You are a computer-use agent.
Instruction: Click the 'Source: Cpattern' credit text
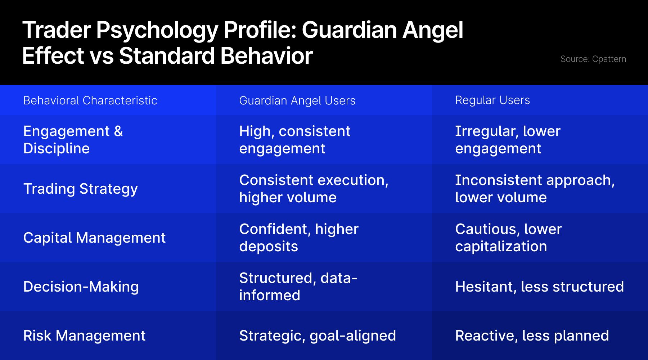tap(593, 59)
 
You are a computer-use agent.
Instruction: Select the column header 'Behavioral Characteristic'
tap(90, 100)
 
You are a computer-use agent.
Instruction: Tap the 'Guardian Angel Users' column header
tap(297, 101)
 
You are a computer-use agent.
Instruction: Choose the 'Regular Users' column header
tap(492, 100)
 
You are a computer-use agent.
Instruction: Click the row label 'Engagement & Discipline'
tap(73, 140)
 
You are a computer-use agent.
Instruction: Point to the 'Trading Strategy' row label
tap(81, 189)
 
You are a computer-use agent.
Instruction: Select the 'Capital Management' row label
tap(94, 238)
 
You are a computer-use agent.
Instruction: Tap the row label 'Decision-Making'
tap(81, 287)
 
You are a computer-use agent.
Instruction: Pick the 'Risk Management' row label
tap(85, 336)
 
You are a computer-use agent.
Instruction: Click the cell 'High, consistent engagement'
tap(295, 140)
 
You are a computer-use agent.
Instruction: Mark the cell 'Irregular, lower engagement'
tap(508, 140)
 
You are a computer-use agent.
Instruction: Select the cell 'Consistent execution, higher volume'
tap(314, 189)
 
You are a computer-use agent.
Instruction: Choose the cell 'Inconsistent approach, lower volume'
tap(535, 189)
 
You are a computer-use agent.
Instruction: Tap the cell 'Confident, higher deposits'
tap(299, 238)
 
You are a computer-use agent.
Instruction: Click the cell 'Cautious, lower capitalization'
tap(509, 238)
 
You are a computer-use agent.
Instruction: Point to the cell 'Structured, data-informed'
tap(298, 287)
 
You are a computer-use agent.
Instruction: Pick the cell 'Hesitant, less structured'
tap(540, 287)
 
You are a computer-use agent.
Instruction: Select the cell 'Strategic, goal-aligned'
tap(318, 336)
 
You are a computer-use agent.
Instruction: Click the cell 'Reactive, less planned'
tap(532, 336)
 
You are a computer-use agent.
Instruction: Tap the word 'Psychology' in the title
tap(157, 30)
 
